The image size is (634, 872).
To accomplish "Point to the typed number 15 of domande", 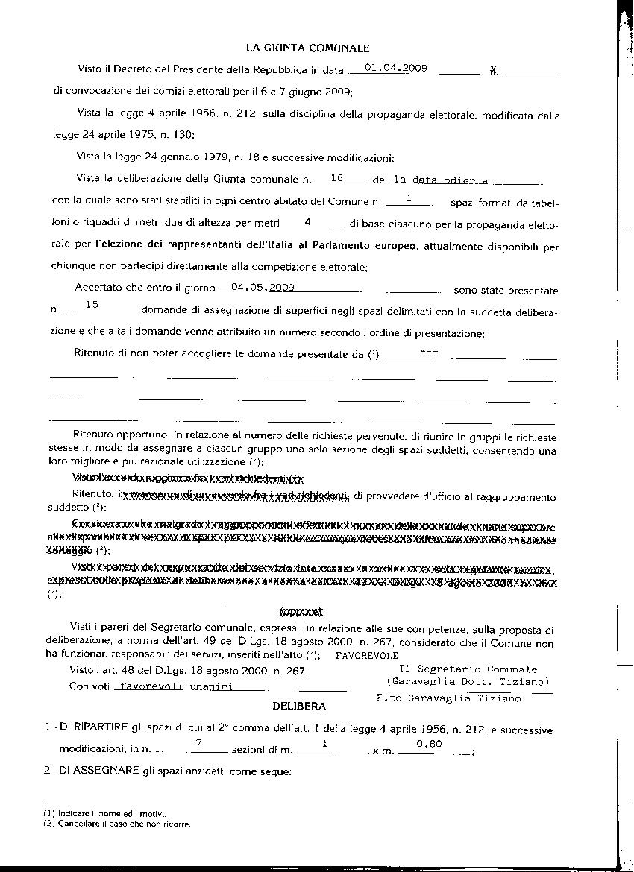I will click(92, 304).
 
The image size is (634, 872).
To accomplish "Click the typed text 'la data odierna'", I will click(440, 180).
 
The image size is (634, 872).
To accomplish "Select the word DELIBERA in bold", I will click(298, 704).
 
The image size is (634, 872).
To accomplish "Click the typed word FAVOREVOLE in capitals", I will click(362, 656).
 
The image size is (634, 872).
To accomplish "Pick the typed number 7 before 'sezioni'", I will click(199, 744).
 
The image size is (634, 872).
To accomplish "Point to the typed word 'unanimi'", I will click(211, 686).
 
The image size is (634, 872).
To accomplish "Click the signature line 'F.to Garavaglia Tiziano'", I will click(450, 698).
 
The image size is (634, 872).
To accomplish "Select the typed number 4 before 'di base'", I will click(307, 222).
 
